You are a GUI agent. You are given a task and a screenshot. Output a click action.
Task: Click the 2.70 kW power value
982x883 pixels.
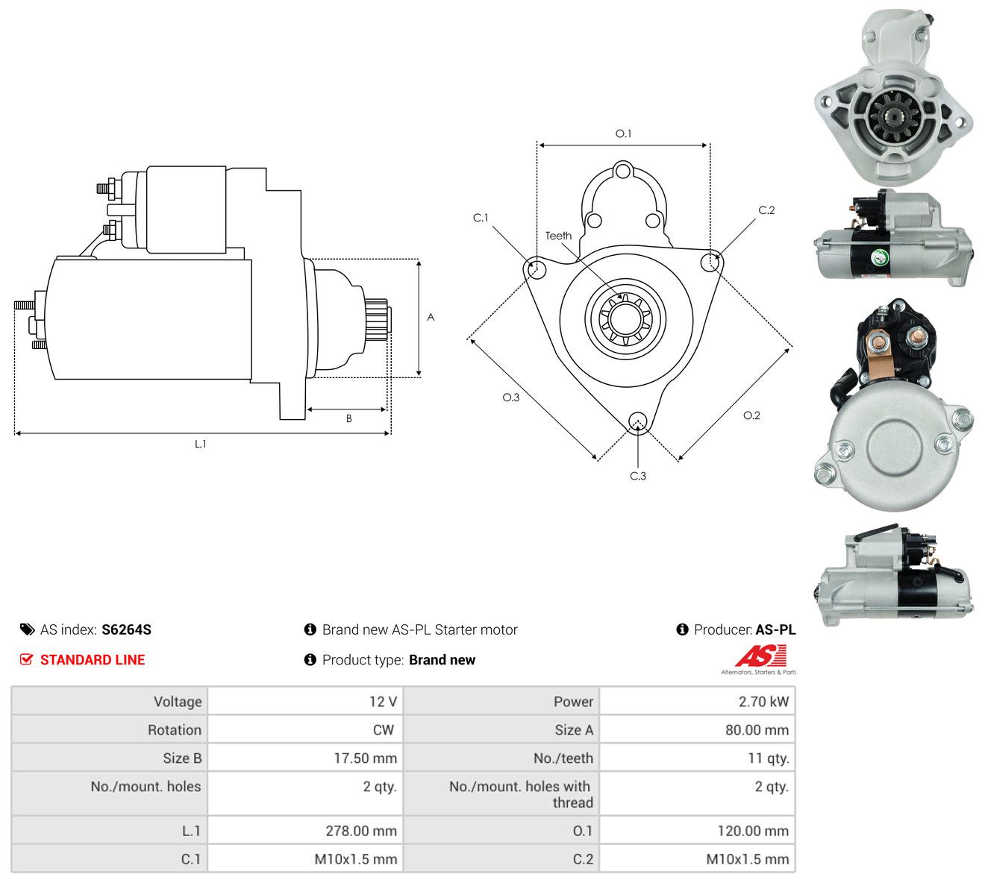tap(763, 702)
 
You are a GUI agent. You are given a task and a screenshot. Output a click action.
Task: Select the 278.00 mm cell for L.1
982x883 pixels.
tap(361, 831)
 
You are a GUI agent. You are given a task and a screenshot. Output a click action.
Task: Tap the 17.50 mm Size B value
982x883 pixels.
tap(365, 758)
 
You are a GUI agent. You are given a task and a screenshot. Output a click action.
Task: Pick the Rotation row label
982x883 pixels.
tap(175, 730)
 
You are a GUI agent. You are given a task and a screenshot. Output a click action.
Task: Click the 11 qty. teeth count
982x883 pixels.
tap(768, 758)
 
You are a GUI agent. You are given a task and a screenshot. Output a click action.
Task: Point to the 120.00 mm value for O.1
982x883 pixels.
tap(753, 831)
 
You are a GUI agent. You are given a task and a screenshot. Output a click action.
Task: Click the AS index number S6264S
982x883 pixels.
tap(126, 629)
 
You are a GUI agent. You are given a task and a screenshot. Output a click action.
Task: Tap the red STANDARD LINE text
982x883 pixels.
tap(93, 660)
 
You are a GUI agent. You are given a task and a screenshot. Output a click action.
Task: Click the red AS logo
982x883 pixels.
tap(760, 656)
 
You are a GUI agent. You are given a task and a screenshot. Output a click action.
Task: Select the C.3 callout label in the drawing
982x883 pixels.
tap(637, 476)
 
